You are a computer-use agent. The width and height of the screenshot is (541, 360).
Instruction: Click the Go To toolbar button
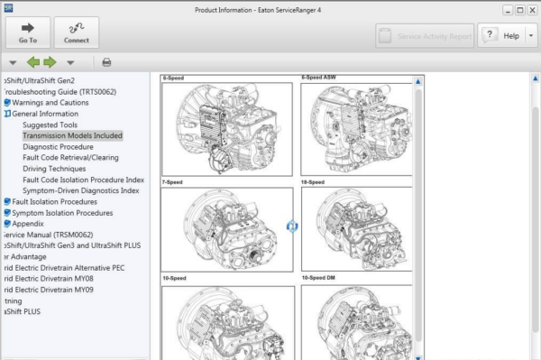point(28,33)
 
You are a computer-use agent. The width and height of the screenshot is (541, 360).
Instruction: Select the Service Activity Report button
point(425,36)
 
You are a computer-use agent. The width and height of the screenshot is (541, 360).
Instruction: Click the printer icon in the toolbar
point(106,62)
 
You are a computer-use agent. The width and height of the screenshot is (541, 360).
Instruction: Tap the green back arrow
point(33,62)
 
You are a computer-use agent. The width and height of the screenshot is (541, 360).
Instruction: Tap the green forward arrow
point(50,62)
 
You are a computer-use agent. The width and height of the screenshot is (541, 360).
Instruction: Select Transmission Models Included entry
point(72,135)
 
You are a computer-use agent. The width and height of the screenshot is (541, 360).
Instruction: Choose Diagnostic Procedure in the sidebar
point(58,146)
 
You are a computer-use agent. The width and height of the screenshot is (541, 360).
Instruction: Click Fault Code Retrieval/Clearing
point(70,157)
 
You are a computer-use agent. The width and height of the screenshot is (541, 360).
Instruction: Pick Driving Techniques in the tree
point(54,169)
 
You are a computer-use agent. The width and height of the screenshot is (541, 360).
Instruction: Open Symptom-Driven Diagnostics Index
point(81,190)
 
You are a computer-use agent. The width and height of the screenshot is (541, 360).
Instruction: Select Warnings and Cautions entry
point(45,103)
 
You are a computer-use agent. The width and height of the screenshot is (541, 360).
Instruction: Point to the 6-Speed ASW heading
point(319,78)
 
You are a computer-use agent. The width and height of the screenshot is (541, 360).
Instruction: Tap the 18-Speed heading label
point(312,182)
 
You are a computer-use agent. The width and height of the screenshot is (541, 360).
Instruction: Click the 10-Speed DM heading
point(318,278)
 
